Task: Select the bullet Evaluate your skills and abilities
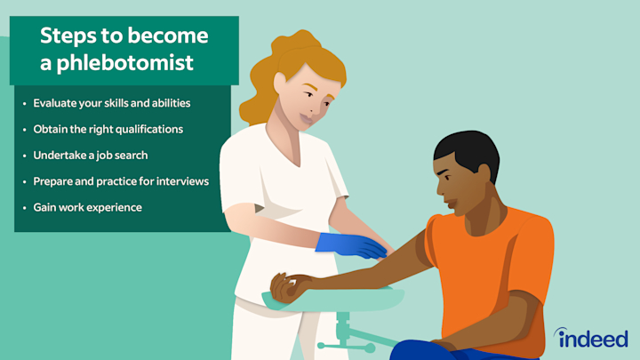(112, 103)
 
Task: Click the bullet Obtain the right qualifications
(108, 129)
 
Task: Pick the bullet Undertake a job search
(91, 155)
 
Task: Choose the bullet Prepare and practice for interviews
(121, 180)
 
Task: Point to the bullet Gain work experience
(87, 207)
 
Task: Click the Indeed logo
(591, 338)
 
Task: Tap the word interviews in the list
(178, 180)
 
